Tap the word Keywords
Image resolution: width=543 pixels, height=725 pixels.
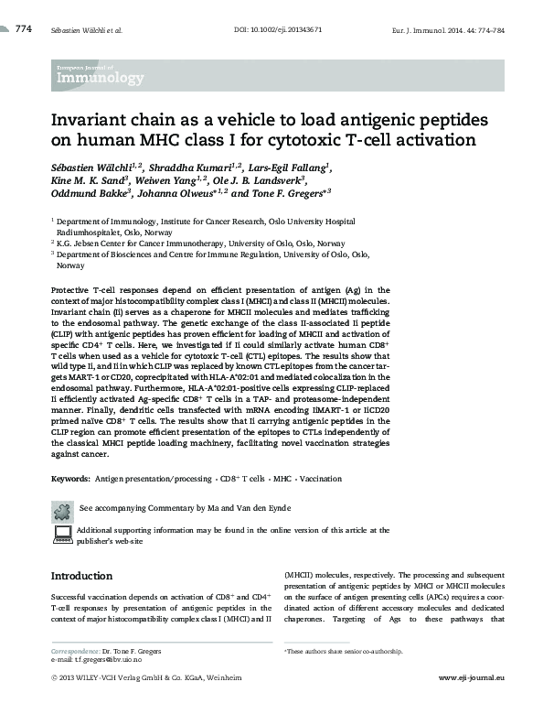click(x=70, y=479)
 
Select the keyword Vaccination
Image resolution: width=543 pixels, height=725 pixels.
click(x=321, y=479)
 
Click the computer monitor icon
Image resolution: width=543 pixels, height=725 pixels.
click(x=61, y=534)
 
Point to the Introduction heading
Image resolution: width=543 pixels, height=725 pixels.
click(x=81, y=577)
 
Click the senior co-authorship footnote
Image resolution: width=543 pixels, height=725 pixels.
click(x=345, y=651)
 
